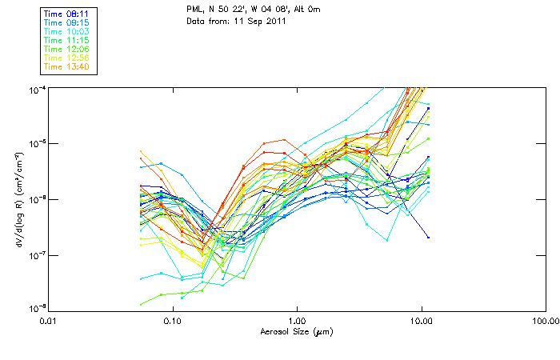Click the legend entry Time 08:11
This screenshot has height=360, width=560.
[x=66, y=14]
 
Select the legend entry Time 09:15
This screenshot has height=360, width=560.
[x=66, y=22]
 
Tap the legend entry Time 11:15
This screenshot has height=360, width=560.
[x=66, y=40]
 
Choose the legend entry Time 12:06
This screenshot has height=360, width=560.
[x=66, y=49]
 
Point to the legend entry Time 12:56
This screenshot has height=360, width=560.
[x=66, y=58]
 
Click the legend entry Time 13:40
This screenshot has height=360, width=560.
[x=66, y=66]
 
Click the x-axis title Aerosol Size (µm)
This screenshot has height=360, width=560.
[x=297, y=331]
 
